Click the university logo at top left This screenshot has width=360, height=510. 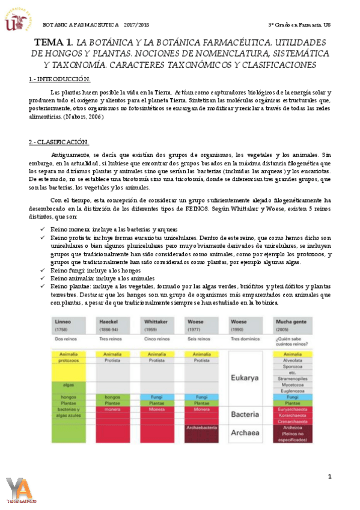[17, 18]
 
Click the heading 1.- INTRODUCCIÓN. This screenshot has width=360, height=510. [59, 79]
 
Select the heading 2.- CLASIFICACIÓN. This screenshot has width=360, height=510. [59, 142]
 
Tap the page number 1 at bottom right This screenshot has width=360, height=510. [329, 477]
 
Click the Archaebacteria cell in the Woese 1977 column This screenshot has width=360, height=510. [206, 428]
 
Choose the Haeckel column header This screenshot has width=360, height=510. [108, 323]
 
